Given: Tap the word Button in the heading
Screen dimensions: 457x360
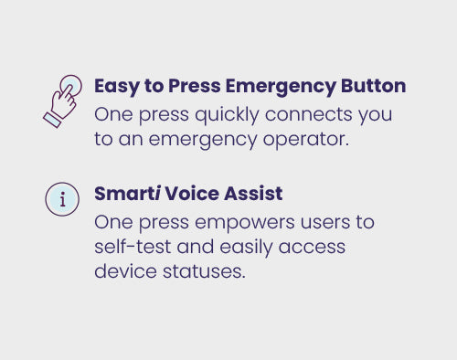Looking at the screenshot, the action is [x=373, y=86].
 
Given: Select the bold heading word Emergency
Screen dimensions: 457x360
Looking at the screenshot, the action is [x=281, y=87].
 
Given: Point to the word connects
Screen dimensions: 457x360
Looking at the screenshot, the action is [x=308, y=115].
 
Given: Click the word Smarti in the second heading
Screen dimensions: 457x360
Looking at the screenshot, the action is [x=127, y=194].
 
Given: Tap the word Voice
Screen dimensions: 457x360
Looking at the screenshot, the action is [x=192, y=194].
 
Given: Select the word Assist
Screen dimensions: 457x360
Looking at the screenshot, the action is [x=253, y=194].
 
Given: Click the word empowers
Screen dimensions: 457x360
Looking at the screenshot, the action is [x=245, y=223].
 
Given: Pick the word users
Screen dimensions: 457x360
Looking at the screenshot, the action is [x=325, y=222].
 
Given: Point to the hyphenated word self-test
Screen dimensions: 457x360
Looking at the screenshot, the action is [x=133, y=247].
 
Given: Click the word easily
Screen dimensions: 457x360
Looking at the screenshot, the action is [x=246, y=248].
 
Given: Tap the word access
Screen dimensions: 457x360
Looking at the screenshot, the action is [x=312, y=248].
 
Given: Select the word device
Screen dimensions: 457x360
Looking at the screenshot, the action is [x=125, y=270].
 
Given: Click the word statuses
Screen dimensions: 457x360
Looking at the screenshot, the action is [x=204, y=271].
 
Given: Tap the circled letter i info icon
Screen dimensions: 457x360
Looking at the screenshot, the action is [x=62, y=199].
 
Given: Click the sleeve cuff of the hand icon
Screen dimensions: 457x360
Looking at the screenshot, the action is [x=52, y=120].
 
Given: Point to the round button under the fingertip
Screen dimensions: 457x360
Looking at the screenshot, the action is [x=71, y=85].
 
